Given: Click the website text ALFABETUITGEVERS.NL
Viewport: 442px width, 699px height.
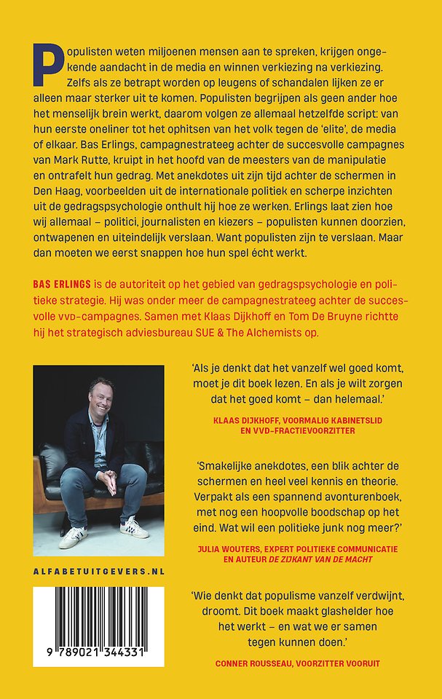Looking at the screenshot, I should click(x=98, y=571).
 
